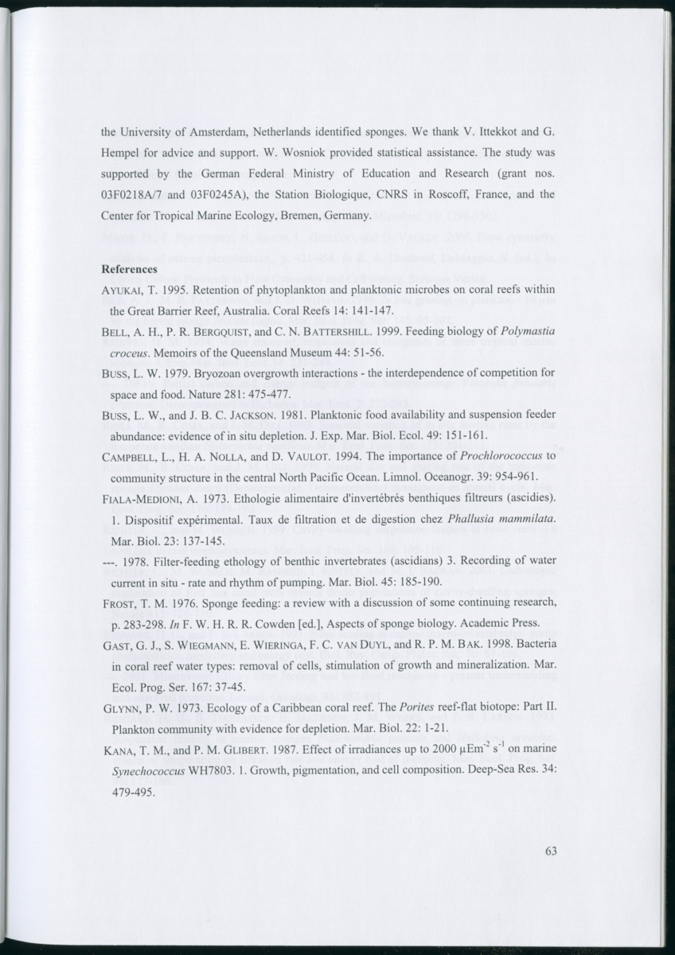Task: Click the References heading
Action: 129,270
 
